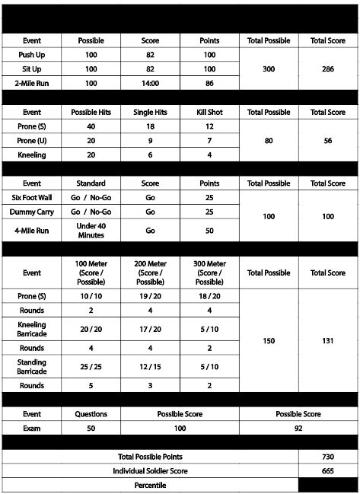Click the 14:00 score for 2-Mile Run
point(151,82)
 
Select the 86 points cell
point(209,82)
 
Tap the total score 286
point(327,69)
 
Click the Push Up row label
point(32,55)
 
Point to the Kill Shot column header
point(209,112)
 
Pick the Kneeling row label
point(32,155)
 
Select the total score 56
point(327,141)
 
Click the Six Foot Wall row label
point(32,197)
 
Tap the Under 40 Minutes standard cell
point(91,230)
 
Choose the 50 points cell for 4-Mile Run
point(209,230)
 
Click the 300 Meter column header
point(209,272)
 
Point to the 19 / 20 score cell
point(151,295)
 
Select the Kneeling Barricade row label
point(32,328)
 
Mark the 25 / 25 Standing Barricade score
point(91,366)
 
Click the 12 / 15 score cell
point(151,366)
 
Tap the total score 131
point(327,340)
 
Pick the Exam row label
point(32,429)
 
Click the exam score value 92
point(299,429)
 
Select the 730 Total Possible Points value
point(327,456)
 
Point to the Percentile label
point(150,484)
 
